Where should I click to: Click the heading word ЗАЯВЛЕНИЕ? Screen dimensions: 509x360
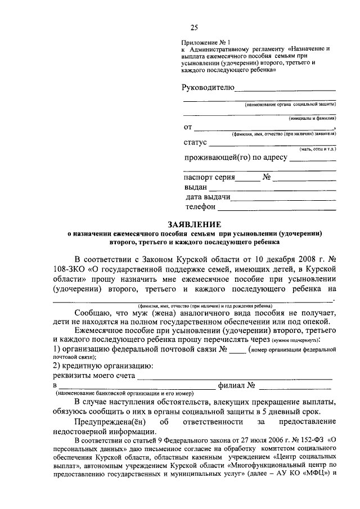point(194,224)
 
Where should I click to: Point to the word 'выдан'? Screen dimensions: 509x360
point(196,187)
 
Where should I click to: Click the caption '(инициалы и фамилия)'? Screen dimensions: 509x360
point(312,119)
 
